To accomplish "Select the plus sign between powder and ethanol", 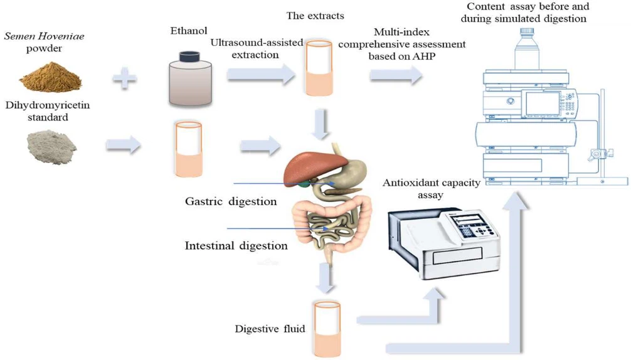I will [x=125, y=79].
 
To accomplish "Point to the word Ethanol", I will [x=188, y=31].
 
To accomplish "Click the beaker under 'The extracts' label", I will [x=319, y=68].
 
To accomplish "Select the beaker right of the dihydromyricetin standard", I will [x=187, y=149].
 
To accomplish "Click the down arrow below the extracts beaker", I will [x=321, y=123].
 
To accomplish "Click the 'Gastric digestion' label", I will [x=231, y=202].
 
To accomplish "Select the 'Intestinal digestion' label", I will [x=236, y=245].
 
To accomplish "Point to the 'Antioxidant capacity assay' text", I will [x=431, y=189].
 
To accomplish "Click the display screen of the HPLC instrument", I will [x=543, y=102].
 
